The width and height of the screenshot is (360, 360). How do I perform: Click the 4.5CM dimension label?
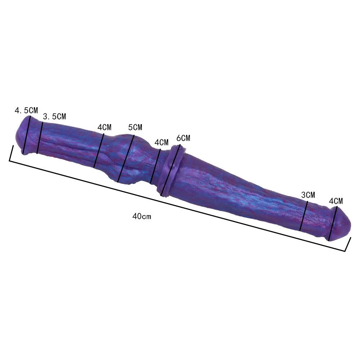click(x=26, y=111)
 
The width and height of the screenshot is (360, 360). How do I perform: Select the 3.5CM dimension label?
click(x=54, y=116)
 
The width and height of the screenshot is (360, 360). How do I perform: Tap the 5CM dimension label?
click(x=135, y=127)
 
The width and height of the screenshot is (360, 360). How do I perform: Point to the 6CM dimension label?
click(x=183, y=138)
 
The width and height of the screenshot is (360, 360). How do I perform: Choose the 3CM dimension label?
click(x=308, y=195)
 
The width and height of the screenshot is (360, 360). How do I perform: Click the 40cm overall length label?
click(x=141, y=216)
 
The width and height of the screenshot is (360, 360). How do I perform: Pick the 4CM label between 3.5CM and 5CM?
click(x=104, y=127)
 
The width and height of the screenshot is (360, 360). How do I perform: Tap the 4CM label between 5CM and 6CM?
click(x=161, y=142)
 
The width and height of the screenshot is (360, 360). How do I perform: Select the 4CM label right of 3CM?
click(x=336, y=201)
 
